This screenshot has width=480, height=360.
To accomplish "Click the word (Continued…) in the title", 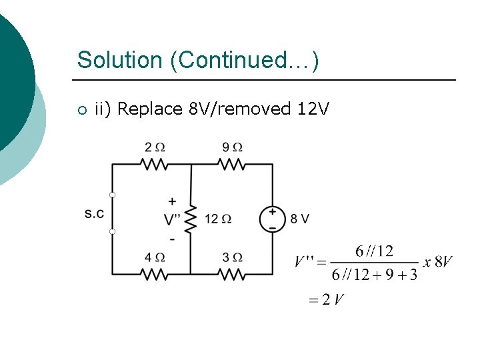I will pos(245,60).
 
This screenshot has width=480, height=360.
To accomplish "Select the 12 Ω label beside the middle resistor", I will pos(217,219).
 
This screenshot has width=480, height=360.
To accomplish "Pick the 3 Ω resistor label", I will pos(232,257).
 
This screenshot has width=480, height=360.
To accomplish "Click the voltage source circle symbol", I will pos(272,219).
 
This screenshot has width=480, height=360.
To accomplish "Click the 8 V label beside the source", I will pos(300,219).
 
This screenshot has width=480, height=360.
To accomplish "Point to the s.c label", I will pos(95,213).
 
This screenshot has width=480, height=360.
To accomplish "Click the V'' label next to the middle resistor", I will pos(172,219).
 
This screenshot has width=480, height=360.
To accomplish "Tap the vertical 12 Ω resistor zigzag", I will pos(191,219).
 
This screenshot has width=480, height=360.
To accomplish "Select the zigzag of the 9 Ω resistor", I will pos(232,164).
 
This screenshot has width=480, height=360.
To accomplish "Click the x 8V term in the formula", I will pos(438,262).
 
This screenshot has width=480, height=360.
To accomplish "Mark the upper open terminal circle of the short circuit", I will pos(113,195).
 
